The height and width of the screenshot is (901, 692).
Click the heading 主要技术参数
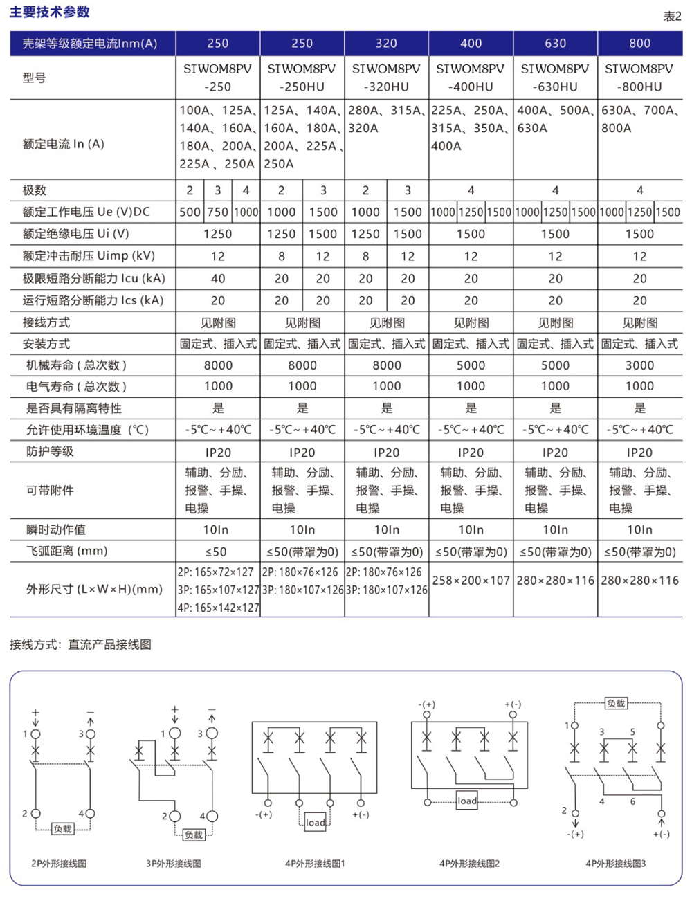click(49, 12)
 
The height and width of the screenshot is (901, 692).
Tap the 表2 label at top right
click(672, 17)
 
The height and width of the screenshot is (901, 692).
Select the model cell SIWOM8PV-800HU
click(639, 78)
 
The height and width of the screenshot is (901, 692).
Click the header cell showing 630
click(555, 43)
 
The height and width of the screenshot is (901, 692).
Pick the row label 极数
click(35, 190)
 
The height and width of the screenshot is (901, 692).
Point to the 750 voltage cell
click(217, 212)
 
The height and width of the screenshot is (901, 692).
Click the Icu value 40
click(217, 278)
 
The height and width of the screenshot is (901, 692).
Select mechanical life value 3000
click(639, 365)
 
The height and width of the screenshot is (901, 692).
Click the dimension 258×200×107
click(471, 581)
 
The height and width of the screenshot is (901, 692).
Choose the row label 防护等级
click(50, 451)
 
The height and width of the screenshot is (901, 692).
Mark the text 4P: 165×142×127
click(218, 608)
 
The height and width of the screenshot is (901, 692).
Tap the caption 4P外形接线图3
click(615, 864)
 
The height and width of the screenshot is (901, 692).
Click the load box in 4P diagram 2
click(467, 801)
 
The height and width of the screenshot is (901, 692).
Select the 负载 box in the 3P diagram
click(194, 835)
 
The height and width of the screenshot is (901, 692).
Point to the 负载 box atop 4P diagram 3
click(616, 703)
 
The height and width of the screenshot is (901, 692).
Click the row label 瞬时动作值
click(55, 529)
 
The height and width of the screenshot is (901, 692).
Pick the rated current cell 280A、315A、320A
click(386, 119)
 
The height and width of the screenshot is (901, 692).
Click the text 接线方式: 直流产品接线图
click(80, 644)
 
